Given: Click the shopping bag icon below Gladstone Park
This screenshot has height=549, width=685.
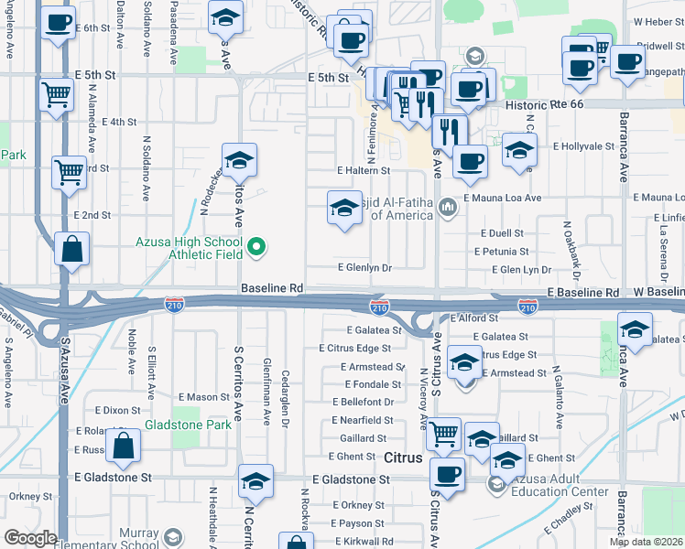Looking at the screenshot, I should pyautogui.click(x=123, y=447).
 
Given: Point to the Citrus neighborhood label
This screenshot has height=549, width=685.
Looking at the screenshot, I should pyautogui.click(x=403, y=457).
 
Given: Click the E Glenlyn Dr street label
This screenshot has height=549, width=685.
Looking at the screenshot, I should pyautogui.click(x=364, y=268).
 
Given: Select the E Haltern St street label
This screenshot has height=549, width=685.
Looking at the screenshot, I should pyautogui.click(x=364, y=170).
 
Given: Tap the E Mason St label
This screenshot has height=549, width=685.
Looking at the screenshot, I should pyautogui.click(x=203, y=397).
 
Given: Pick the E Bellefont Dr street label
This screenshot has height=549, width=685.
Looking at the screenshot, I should pyautogui.click(x=363, y=402).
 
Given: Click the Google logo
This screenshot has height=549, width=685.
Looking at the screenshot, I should pyautogui.click(x=30, y=538).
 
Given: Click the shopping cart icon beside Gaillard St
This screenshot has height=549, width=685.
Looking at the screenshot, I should pyautogui.click(x=444, y=433).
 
